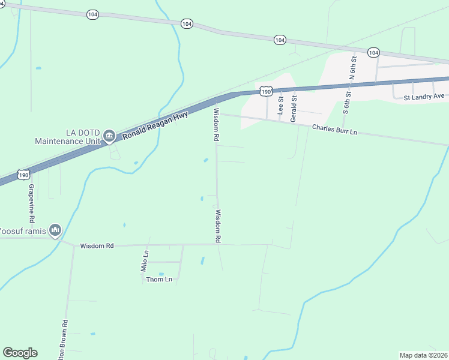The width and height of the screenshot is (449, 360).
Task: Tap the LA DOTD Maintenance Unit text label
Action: click(x=66, y=137)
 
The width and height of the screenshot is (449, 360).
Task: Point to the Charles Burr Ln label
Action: click(x=334, y=129)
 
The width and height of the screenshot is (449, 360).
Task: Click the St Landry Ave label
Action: click(x=424, y=97)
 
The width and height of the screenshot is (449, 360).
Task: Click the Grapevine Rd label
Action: click(x=32, y=200)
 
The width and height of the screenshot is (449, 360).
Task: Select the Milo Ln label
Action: click(x=145, y=262)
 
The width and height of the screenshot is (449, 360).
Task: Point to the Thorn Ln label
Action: click(x=159, y=279)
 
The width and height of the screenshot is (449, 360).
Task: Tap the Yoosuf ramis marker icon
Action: click(x=55, y=230)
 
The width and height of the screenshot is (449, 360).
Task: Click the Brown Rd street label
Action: click(x=64, y=340)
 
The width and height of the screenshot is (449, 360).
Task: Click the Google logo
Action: click(x=20, y=353)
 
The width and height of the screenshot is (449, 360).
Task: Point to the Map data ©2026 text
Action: click(x=423, y=355)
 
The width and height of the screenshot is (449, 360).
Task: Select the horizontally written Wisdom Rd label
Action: click(x=97, y=245)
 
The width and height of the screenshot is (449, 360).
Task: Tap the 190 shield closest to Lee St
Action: click(x=267, y=91)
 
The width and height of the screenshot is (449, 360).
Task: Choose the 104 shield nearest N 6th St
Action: click(x=373, y=53)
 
